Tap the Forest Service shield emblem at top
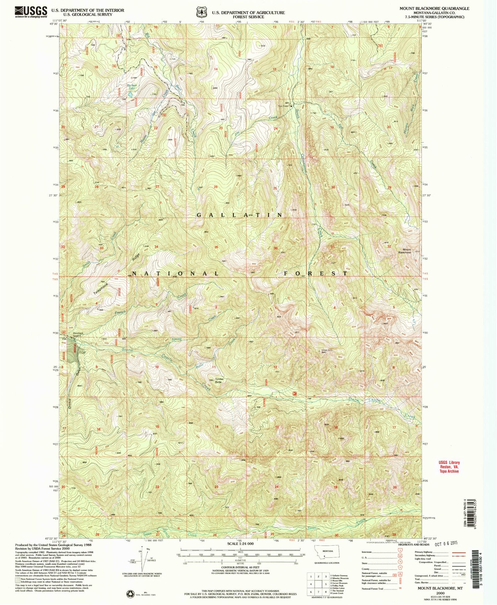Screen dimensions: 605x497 (200, 12)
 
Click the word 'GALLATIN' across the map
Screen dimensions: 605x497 (240, 215)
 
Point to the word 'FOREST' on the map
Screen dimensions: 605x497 (315, 273)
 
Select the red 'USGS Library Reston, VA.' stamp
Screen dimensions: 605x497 (449, 467)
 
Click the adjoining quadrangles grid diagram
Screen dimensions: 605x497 (318, 583)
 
